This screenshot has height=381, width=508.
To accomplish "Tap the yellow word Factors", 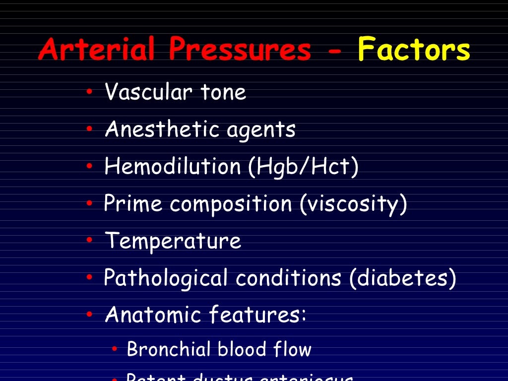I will (x=414, y=50).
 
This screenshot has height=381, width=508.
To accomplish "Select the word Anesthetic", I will (x=162, y=129).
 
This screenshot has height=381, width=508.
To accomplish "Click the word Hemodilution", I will (x=172, y=167).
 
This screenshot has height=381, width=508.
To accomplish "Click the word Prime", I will (x=133, y=204).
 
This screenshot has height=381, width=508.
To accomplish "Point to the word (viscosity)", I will (x=353, y=204).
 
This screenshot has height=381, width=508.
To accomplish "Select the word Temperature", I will (x=173, y=242).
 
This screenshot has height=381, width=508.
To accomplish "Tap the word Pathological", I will (x=166, y=278).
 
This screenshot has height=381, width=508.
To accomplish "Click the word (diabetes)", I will (x=402, y=278).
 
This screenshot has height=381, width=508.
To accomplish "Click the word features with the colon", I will (x=257, y=315).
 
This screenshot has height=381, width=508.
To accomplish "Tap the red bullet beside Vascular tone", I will (x=89, y=92).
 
